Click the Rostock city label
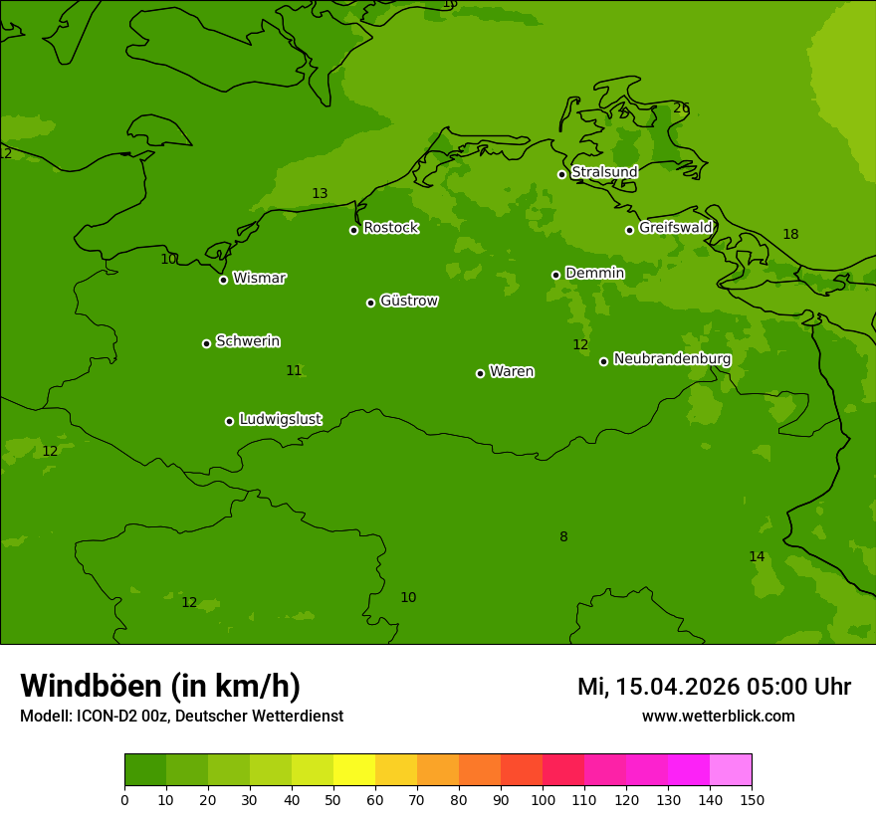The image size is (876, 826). tap(390, 228)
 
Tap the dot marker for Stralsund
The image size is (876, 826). tap(561, 174)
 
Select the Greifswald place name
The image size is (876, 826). tap(675, 228)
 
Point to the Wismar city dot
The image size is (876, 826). tap(223, 280)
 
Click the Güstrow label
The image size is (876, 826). tap(408, 301)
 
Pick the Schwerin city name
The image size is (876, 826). tap(248, 341)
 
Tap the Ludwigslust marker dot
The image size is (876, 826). tap(229, 421)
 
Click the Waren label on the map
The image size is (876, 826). tap(512, 371)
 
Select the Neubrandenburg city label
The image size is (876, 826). tap(672, 359)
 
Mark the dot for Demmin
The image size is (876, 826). tap(555, 275)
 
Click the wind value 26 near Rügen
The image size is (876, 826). tap(681, 108)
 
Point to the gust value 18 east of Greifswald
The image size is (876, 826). tap(790, 235)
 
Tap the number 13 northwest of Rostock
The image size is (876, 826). tap(320, 194)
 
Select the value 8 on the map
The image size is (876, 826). tap(563, 537)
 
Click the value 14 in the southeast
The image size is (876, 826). tap(757, 557)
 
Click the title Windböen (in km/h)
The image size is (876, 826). tap(160, 686)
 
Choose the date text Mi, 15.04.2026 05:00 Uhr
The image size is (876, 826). tap(714, 687)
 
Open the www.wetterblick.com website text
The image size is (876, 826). tap(718, 717)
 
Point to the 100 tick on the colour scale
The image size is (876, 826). tap(543, 799)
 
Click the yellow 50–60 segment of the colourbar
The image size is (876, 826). tap(354, 770)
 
